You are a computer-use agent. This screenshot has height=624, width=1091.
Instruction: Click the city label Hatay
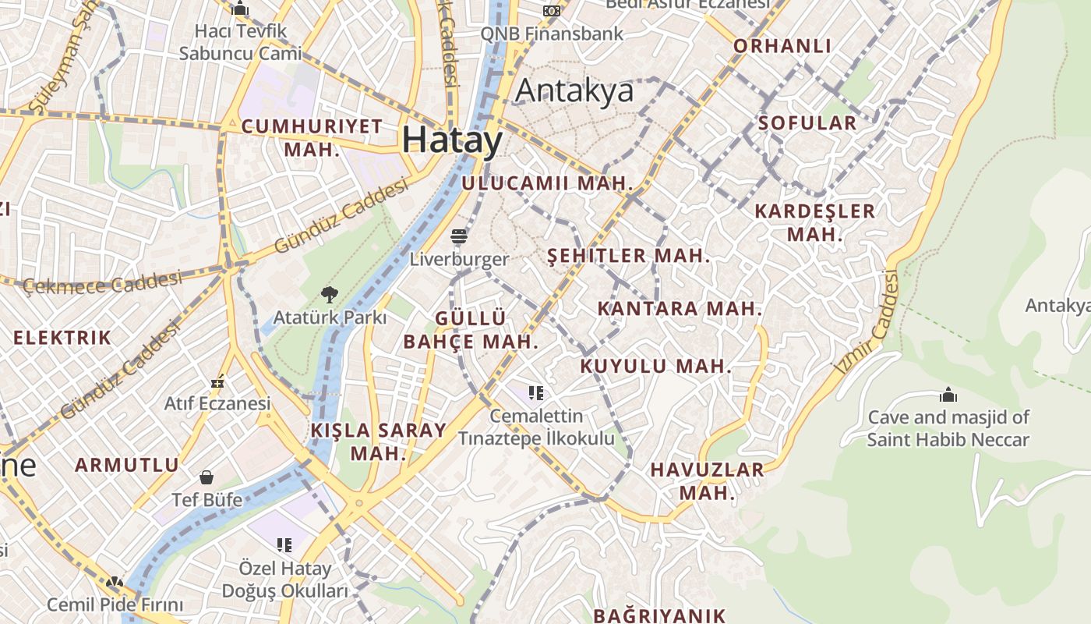pos(453,140)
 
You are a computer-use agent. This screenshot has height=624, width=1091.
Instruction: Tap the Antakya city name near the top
pos(574,91)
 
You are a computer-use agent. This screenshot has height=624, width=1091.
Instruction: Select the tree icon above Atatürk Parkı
pos(330,295)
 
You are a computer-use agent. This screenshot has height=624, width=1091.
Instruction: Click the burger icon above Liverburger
pos(459,236)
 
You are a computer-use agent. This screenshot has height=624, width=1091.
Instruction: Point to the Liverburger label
pos(459,259)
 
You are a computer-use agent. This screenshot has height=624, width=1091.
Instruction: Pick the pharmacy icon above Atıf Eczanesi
pos(218,381)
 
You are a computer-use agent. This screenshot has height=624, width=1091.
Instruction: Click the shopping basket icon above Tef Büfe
pos(207,477)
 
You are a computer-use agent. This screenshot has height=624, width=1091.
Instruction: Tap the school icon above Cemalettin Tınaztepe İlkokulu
pos(535,392)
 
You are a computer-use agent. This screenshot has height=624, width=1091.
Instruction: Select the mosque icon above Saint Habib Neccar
pos(948,395)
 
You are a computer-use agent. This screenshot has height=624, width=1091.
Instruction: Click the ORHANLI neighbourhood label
pos(782,46)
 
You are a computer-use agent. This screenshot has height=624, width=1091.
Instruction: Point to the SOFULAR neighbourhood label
pos(807,123)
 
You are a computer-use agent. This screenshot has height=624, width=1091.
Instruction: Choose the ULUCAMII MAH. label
pos(547,184)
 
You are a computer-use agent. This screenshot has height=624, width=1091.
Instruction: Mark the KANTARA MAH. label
pos(680,309)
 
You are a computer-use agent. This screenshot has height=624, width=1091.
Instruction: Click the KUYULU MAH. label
pos(656,367)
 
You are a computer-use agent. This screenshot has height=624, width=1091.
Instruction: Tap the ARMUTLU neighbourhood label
pos(127,466)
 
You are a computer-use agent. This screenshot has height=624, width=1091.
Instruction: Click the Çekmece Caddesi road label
pos(102,283)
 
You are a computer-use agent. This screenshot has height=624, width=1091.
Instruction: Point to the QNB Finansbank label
pos(552,34)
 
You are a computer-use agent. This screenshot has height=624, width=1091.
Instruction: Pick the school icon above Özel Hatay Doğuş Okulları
pos(284,544)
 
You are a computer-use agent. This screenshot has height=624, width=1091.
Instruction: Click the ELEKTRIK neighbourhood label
pos(62,339)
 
